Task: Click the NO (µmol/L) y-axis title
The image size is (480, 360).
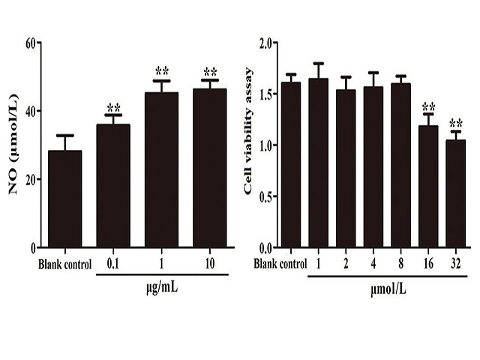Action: (x=13, y=145)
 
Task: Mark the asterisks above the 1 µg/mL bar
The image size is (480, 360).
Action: (x=161, y=72)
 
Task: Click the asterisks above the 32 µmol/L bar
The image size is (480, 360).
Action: (x=455, y=123)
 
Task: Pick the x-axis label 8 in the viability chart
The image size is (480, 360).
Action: (x=400, y=264)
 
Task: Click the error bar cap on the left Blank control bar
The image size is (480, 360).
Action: (x=65, y=136)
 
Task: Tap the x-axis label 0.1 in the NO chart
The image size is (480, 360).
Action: (x=113, y=264)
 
